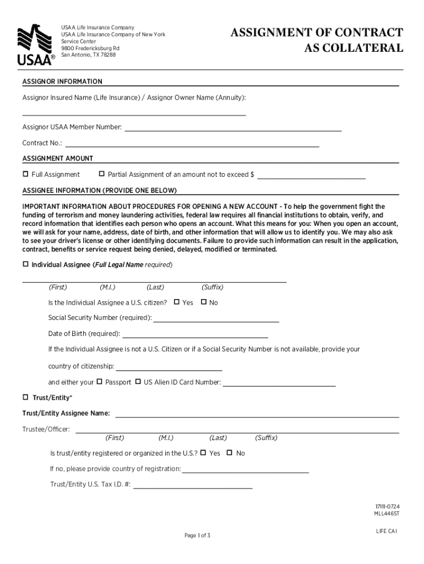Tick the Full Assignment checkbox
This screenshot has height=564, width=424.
click(25, 174)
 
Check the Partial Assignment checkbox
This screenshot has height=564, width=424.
click(101, 174)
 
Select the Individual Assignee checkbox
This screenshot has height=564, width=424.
click(25, 264)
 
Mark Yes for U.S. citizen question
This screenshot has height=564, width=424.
click(177, 302)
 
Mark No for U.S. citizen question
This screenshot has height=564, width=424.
click(204, 302)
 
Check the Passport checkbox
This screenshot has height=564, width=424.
click(100, 381)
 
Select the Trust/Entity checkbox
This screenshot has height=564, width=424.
click(25, 397)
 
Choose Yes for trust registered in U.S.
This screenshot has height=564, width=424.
click(203, 453)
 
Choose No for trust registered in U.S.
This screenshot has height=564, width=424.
click(230, 453)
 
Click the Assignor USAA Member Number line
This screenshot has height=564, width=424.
click(233, 129)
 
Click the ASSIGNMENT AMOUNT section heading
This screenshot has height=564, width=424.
click(58, 159)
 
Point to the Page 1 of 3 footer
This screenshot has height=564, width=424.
click(198, 535)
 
